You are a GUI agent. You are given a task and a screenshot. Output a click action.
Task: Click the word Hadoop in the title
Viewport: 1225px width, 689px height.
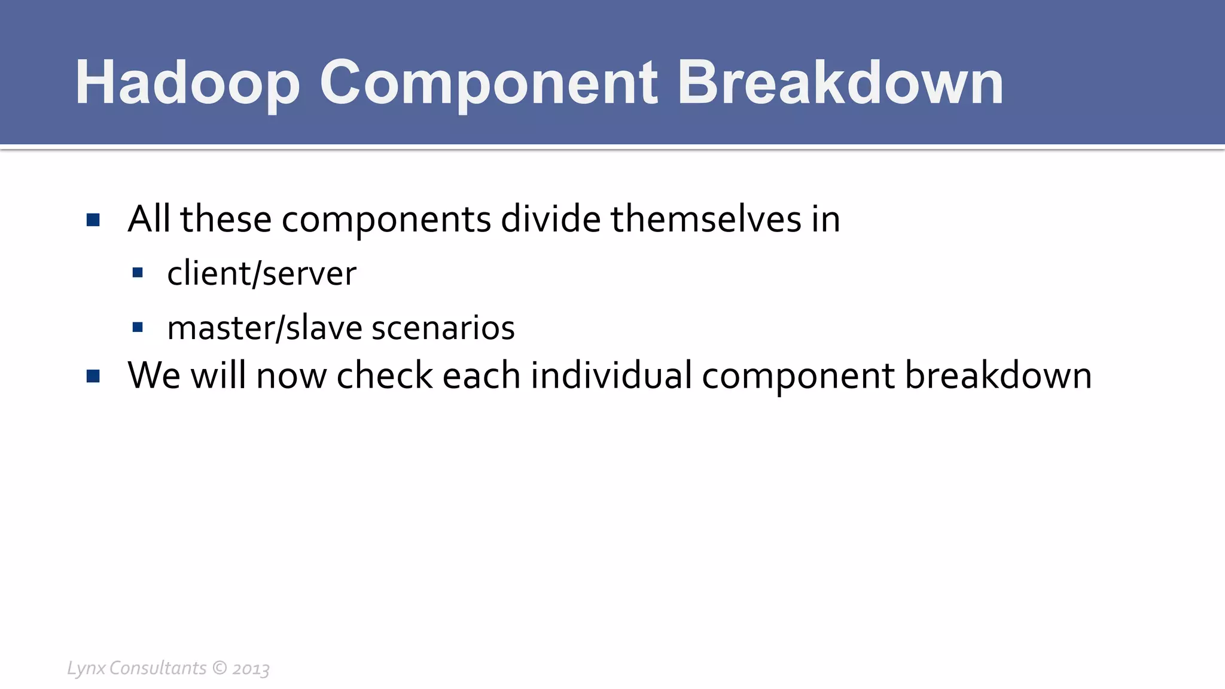pyautogui.click(x=187, y=84)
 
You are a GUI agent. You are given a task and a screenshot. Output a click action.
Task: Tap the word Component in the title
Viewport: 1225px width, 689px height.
pyautogui.click(x=488, y=84)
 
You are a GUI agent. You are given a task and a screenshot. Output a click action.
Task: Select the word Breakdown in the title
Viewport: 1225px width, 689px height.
pyautogui.click(x=840, y=84)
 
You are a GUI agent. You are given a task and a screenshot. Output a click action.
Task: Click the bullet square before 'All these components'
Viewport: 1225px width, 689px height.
pyautogui.click(x=93, y=220)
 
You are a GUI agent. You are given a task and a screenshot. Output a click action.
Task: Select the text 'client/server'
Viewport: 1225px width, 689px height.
pyautogui.click(x=261, y=274)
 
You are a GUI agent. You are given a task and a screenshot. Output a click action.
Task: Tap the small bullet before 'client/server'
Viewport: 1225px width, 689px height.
pyautogui.click(x=138, y=273)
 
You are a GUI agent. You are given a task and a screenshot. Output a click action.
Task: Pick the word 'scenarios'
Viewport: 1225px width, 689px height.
pyautogui.click(x=443, y=328)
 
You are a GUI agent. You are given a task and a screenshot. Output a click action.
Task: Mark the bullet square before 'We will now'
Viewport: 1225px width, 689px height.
pyautogui.click(x=93, y=376)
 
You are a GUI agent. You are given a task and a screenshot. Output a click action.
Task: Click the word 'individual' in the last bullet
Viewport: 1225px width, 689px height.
pyautogui.click(x=611, y=376)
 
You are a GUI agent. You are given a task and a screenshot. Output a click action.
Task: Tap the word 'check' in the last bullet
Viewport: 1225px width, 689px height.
pyautogui.click(x=385, y=376)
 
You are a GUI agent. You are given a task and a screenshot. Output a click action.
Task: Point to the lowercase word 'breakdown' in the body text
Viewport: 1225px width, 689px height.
pyautogui.click(x=998, y=376)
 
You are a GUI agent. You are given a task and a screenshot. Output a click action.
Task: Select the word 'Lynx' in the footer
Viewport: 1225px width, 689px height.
pyautogui.click(x=86, y=668)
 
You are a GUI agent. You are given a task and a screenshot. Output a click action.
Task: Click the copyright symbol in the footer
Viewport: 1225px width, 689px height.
pyautogui.click(x=220, y=668)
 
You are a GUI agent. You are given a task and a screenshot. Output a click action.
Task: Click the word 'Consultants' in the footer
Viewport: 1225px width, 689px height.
pyautogui.click(x=158, y=668)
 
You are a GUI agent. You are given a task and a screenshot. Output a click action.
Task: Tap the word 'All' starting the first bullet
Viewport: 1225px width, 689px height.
pyautogui.click(x=149, y=219)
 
